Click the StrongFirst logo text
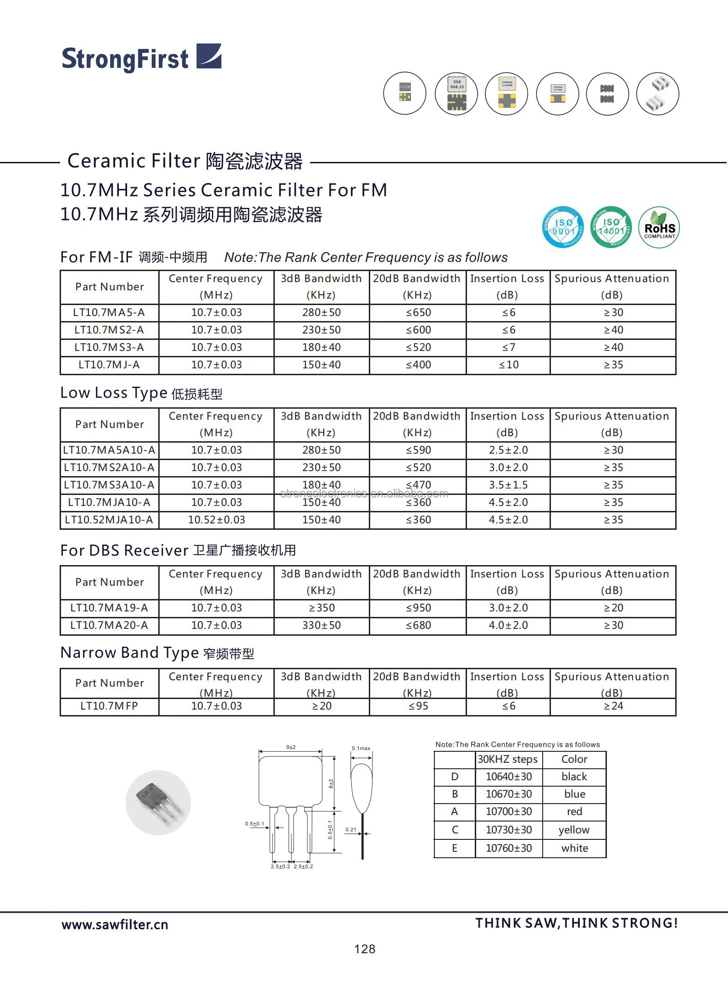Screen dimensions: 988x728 tap(125, 59)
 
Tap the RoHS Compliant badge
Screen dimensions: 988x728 tap(659, 228)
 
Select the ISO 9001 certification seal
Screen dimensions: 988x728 tap(563, 227)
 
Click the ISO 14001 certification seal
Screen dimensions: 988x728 tap(611, 227)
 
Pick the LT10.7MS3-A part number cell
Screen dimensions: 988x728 tap(109, 348)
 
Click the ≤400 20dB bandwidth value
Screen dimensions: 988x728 tap(418, 365)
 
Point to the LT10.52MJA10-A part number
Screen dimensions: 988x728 tap(109, 520)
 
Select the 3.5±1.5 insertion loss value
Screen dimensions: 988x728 tap(508, 485)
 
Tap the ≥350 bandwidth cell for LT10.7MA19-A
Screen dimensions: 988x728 tap(322, 608)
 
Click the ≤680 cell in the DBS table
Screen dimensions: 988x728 tap(418, 626)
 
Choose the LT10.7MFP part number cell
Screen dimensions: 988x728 tap(109, 706)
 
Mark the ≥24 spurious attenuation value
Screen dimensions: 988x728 tap(613, 706)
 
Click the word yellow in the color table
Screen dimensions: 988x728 tap(574, 830)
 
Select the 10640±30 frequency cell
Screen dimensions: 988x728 tap(509, 777)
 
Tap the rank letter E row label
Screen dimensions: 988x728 tap(455, 849)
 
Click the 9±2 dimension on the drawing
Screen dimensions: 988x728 tap(291, 747)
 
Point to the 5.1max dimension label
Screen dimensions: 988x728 tap(361, 749)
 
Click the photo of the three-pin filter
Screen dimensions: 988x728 tap(158, 803)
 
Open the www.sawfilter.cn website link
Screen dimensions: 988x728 tap(115, 925)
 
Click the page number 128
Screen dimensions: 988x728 tap(365, 949)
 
